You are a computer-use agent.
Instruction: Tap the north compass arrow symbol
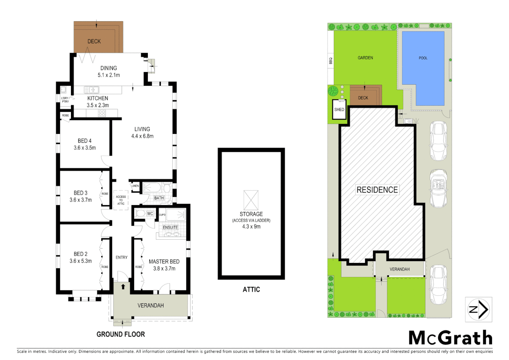coord(479,310)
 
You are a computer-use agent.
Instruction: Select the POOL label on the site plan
coord(423,58)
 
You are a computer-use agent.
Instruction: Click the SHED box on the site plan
coord(339,109)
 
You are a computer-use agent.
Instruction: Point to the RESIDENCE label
coord(377,190)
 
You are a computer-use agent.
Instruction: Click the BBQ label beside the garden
coord(331,61)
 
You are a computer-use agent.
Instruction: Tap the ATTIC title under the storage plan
coord(251,289)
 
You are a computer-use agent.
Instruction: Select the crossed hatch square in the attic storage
coord(251,200)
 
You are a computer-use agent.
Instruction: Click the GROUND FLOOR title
coord(121,334)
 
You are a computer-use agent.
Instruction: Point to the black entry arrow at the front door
coord(123,286)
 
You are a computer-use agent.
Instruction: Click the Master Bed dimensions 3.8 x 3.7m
coord(164,268)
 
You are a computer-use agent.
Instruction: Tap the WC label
coord(150,214)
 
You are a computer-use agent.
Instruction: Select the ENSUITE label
coord(170,227)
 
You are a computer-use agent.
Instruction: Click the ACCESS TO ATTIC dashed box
coord(121,200)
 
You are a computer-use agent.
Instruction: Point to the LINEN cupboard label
coord(135,186)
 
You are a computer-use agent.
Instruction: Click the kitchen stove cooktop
coord(102,113)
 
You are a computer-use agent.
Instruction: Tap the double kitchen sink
coord(92,90)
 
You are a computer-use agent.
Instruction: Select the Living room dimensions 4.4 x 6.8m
coord(142,136)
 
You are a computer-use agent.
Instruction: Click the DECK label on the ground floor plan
coord(94,41)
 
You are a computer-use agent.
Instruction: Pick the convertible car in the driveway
coord(438,189)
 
